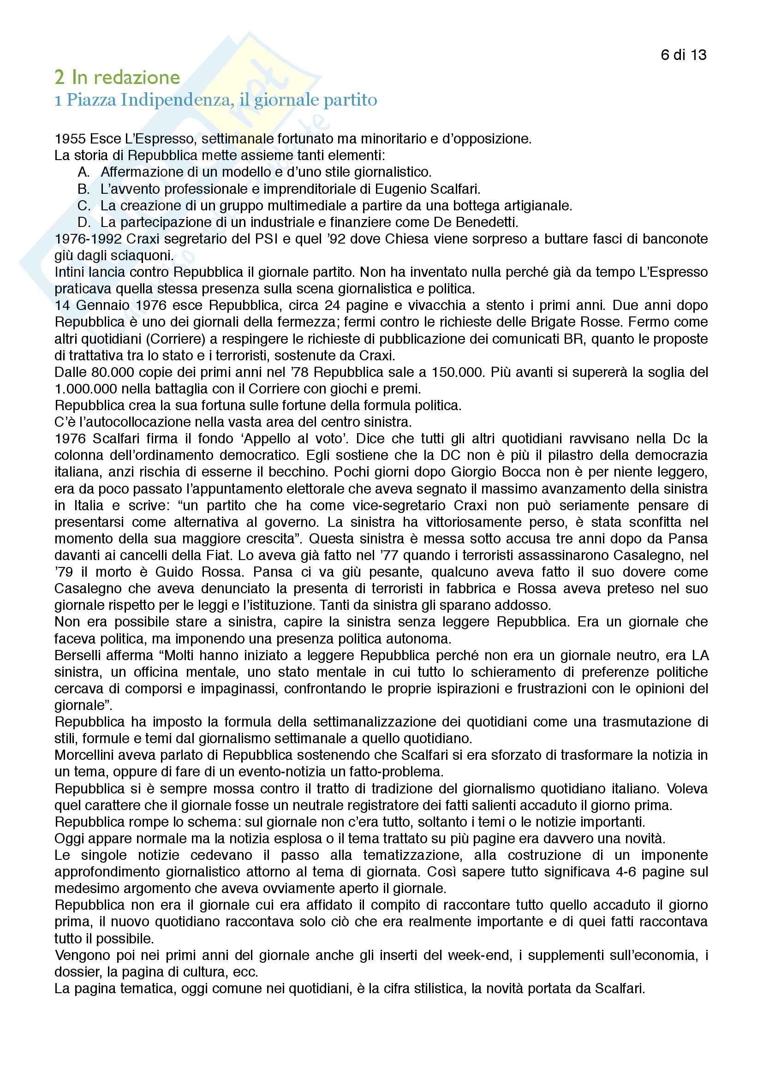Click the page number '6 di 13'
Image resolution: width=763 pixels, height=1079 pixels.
click(x=683, y=55)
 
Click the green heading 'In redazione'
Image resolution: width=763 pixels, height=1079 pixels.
click(x=125, y=77)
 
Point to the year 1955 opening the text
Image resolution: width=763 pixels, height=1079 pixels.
click(x=70, y=139)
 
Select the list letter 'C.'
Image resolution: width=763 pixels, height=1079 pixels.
click(x=84, y=206)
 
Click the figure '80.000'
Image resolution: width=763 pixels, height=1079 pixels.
click(x=112, y=372)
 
